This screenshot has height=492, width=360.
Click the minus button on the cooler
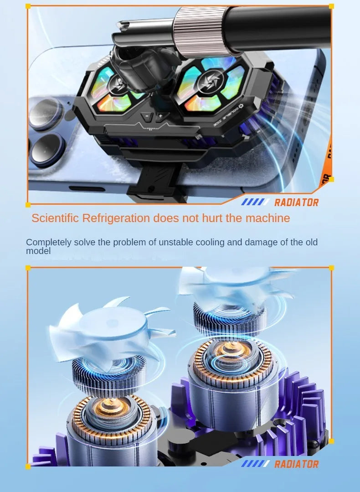(146, 117)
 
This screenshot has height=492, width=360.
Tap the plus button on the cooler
(160, 117)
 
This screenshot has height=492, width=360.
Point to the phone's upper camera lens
(46, 114)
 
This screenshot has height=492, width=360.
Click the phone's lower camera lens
(46, 150)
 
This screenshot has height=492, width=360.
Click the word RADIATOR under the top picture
(296, 202)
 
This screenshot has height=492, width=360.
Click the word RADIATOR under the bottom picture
(296, 464)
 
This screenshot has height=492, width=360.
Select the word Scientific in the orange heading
(55, 218)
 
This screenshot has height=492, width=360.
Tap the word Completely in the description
(48, 242)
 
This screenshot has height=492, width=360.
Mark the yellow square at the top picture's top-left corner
(28, 6)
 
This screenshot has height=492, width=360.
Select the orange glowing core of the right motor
(233, 352)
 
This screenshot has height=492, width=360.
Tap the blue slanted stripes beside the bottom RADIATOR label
(256, 464)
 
